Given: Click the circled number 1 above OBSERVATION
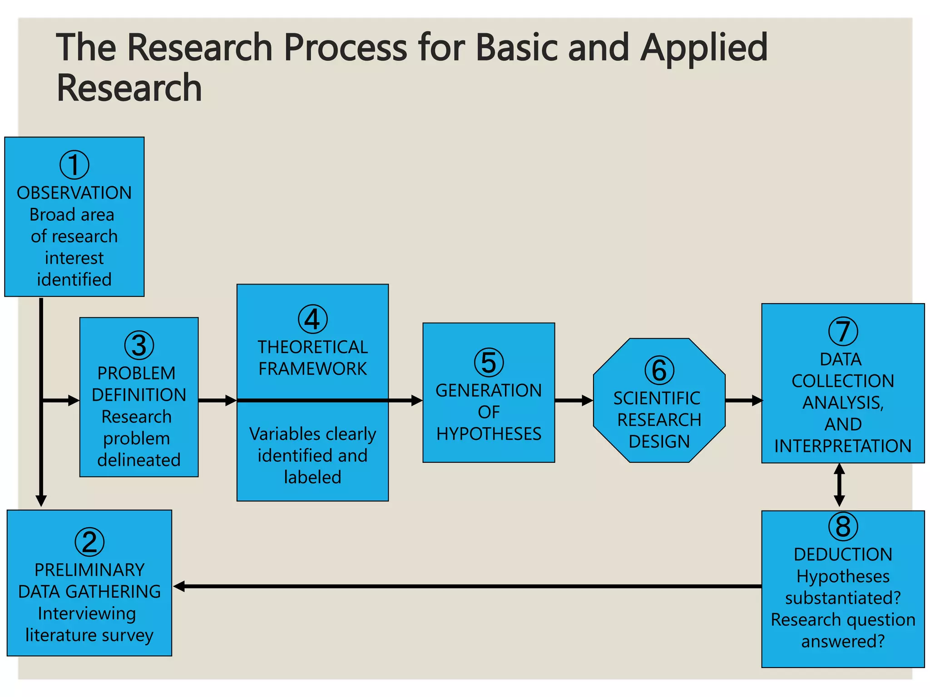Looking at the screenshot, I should [74, 165].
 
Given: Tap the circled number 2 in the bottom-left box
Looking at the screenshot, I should [89, 542].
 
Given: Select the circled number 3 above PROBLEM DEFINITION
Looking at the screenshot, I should [139, 345].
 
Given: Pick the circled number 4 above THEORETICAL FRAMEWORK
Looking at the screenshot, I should [312, 319].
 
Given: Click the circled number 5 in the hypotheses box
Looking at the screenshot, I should [489, 363].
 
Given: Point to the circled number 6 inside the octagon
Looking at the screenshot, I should [659, 370].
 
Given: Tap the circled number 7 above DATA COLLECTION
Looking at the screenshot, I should [843, 331].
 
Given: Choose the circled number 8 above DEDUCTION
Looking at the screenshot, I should [843, 526].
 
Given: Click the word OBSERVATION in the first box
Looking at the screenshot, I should [74, 193].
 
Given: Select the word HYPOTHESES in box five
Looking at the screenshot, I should [489, 434].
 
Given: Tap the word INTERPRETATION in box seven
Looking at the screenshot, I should [843, 446].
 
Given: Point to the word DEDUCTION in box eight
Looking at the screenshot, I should [843, 555].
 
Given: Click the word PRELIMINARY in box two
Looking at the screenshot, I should [89, 570].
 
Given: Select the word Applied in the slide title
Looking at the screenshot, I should [703, 48].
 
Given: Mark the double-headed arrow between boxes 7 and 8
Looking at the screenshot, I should [840, 485].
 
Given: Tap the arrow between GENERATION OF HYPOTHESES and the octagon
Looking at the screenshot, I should [574, 400].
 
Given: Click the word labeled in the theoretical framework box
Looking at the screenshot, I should [312, 477].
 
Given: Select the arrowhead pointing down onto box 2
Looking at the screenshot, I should [41, 500].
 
